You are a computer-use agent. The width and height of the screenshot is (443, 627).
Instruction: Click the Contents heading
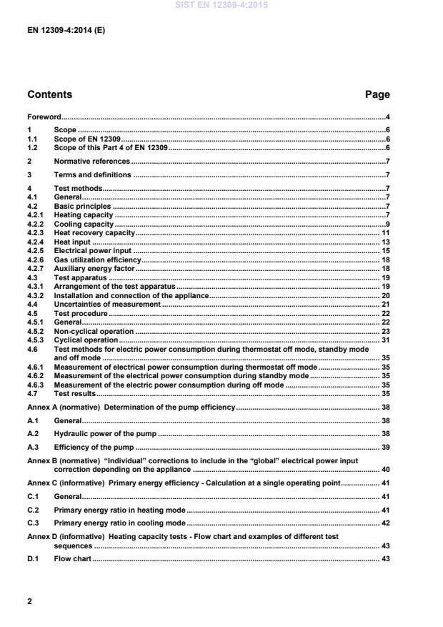[x=49, y=94]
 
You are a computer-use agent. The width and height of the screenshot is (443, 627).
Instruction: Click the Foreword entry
[x=44, y=117]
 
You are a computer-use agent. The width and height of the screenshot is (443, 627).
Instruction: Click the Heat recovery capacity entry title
[x=94, y=233]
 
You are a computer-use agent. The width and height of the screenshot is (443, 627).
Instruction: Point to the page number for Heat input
[x=384, y=242]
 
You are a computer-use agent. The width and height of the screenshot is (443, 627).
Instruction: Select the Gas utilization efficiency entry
[x=98, y=260]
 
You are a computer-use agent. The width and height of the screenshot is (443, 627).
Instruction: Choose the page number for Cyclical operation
[x=384, y=340]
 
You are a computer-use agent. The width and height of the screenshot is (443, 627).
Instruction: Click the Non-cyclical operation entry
[x=94, y=331]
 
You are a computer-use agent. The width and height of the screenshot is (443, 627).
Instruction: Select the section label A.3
[x=32, y=447]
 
